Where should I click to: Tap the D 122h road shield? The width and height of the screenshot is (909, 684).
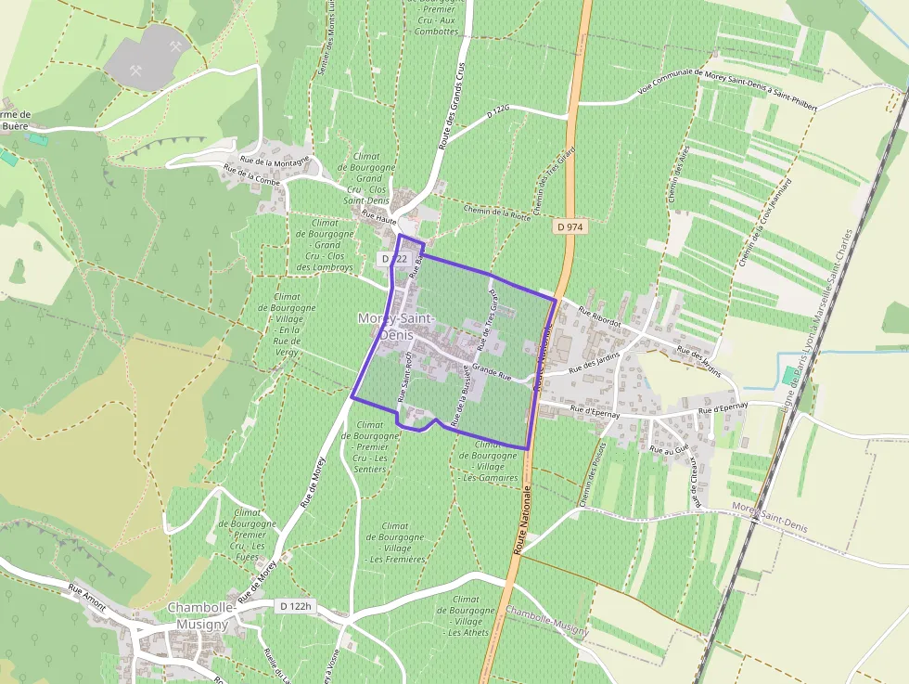click(x=298, y=606)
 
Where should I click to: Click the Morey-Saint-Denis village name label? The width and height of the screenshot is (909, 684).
click(x=396, y=326)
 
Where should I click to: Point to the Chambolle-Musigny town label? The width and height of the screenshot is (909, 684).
click(x=198, y=615)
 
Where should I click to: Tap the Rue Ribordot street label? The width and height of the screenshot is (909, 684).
click(x=598, y=315)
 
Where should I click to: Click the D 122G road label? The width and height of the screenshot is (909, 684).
click(x=499, y=112)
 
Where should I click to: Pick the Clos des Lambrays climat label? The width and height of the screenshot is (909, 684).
click(x=325, y=245)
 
